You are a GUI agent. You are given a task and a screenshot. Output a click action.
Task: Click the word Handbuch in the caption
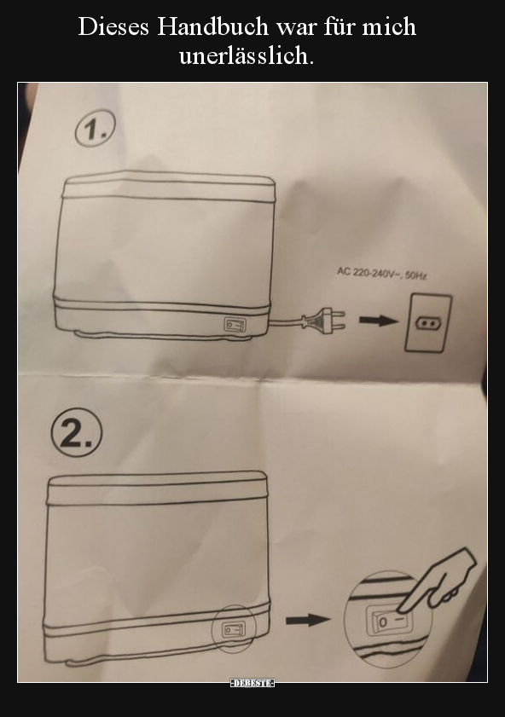[212, 26]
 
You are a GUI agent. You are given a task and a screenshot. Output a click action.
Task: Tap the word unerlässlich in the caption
[247, 55]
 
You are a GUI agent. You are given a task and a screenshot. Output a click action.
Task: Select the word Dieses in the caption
[114, 26]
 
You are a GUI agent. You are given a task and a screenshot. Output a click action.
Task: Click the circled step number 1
[95, 128]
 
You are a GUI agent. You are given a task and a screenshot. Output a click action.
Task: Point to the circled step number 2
[77, 434]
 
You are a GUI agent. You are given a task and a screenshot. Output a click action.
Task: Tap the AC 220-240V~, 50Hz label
[382, 274]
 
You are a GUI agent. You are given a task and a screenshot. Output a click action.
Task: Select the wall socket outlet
[428, 323]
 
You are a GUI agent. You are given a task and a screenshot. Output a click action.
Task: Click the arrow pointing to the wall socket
[378, 321]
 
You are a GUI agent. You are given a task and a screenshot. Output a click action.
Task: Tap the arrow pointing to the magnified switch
[308, 620]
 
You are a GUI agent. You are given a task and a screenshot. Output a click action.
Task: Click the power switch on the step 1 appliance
[235, 325]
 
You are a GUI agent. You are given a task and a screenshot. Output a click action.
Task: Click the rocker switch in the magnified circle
[389, 621]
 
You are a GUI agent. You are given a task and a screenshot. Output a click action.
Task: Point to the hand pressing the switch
[438, 578]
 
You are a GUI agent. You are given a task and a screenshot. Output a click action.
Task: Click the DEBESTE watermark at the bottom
[252, 683]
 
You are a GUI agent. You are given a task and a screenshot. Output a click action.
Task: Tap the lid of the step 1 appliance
[168, 186]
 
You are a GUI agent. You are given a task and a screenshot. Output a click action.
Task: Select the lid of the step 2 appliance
[157, 489]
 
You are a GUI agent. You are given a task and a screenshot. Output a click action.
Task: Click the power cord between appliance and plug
[286, 322]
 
